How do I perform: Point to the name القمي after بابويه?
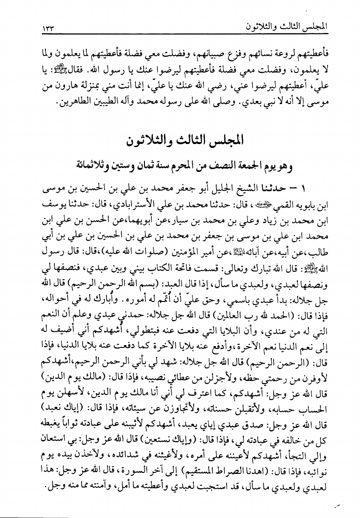click(x=274, y=204)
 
